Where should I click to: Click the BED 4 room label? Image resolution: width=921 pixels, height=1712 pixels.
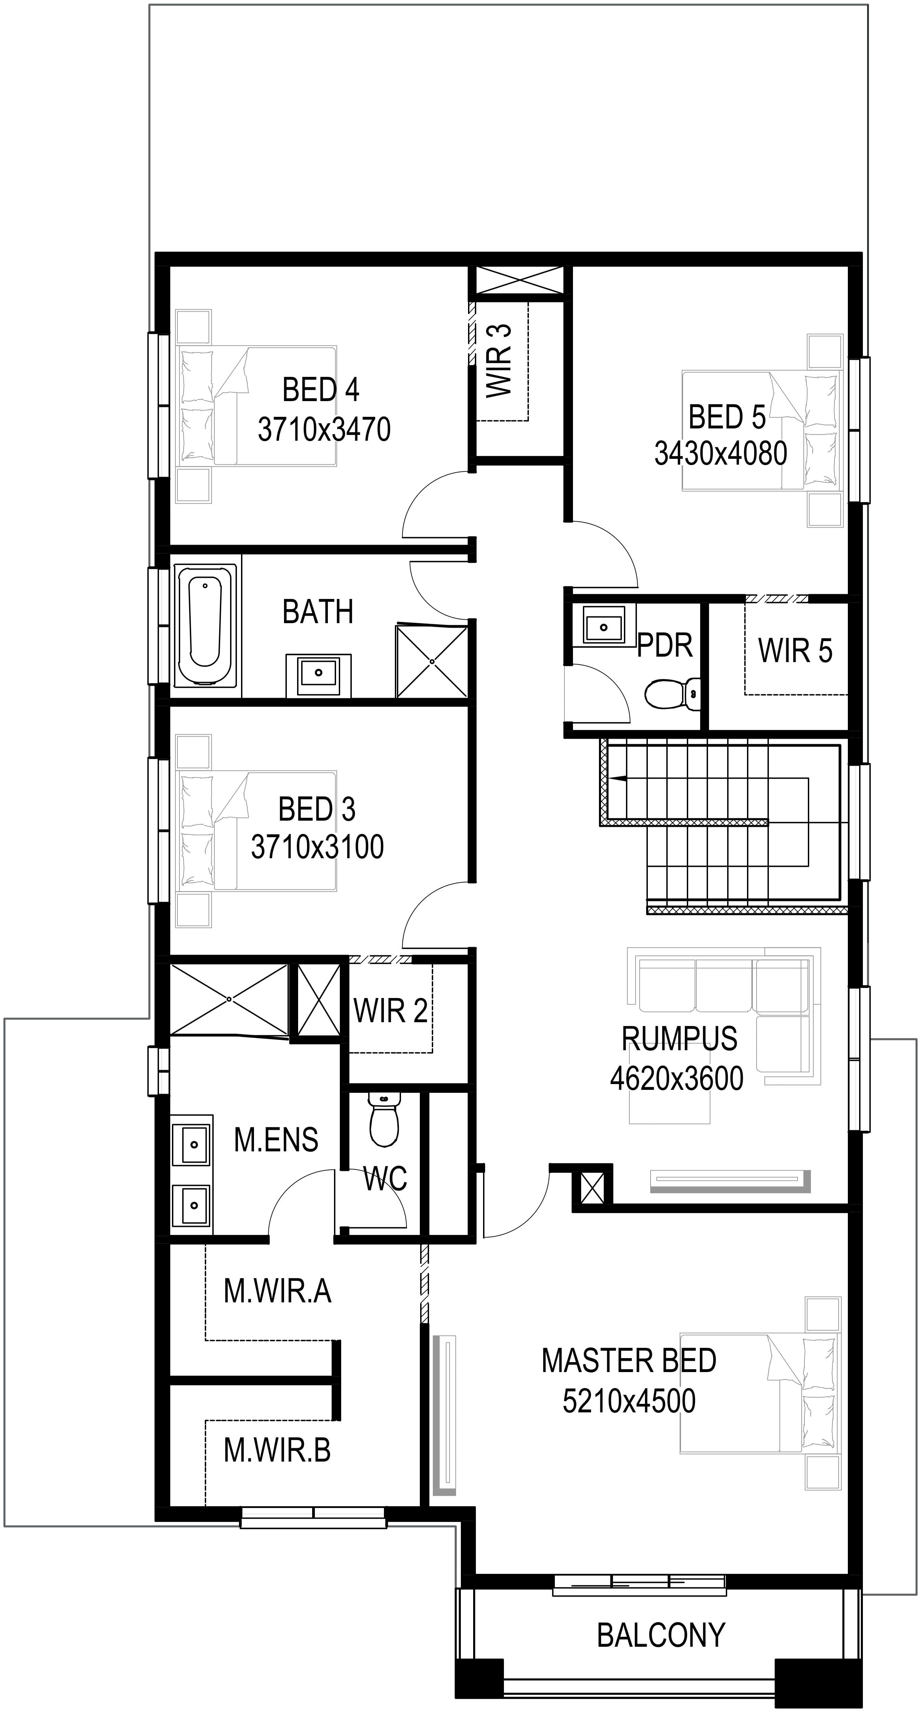pos(321,390)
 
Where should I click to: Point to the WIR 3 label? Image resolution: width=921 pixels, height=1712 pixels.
pos(499,361)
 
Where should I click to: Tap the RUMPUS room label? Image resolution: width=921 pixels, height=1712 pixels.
pos(680,1038)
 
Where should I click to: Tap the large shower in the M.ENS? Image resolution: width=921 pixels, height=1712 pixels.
pos(229,1000)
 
